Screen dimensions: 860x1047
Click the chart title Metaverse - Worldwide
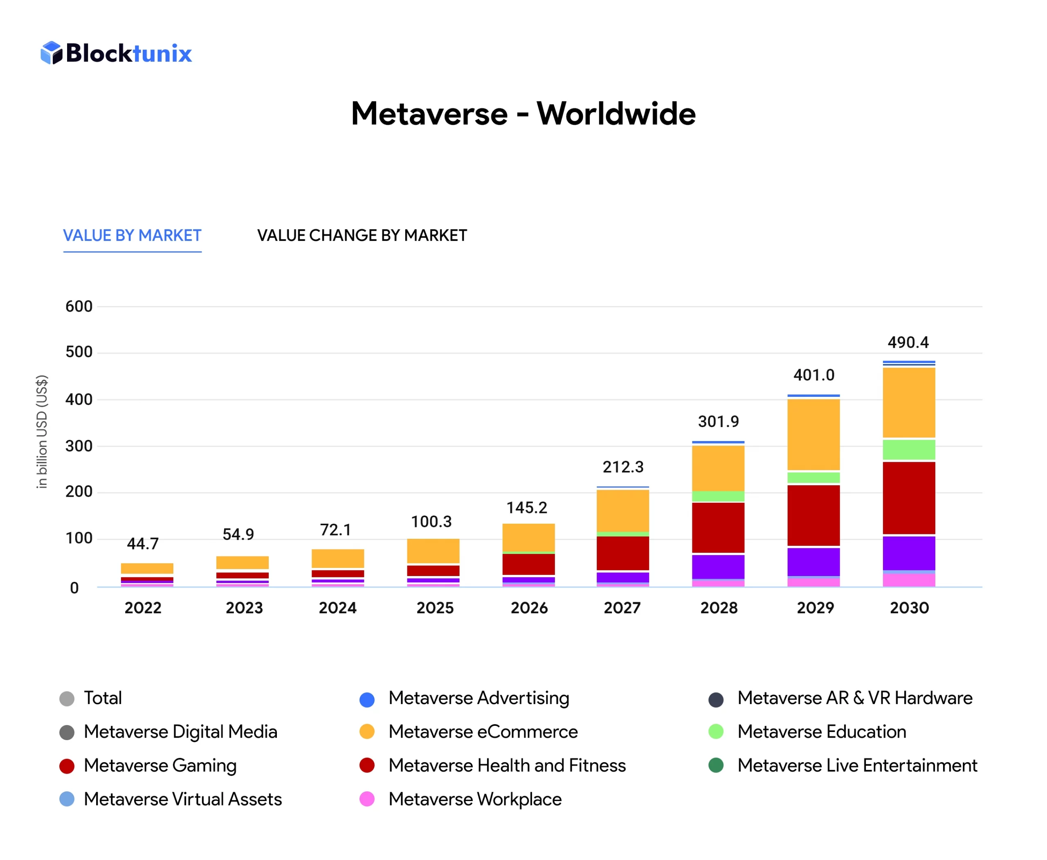click(x=523, y=113)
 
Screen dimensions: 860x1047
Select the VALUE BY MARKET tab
click(x=132, y=235)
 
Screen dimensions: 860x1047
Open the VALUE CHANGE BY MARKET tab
click(x=362, y=235)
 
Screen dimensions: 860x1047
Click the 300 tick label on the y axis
click(x=79, y=446)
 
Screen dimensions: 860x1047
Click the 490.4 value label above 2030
click(x=908, y=342)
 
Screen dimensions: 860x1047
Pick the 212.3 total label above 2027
click(x=622, y=467)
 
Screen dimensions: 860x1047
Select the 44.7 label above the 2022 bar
click(x=143, y=543)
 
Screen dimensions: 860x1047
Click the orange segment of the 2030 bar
click(x=908, y=402)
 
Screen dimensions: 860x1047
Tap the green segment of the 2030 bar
click(x=908, y=449)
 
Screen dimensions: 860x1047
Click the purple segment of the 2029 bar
click(x=813, y=561)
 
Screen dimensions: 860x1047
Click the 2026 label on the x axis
click(x=529, y=608)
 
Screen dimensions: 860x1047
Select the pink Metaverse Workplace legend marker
click(x=366, y=799)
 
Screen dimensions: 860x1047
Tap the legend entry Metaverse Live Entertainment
click(x=857, y=765)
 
